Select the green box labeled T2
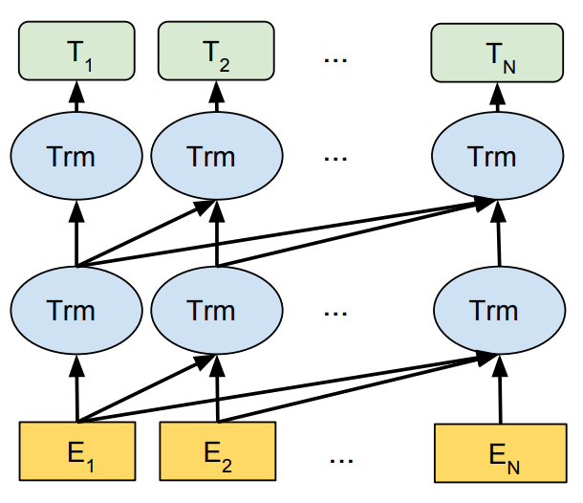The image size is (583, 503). tap(215, 53)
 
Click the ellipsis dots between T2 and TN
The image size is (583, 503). tap(336, 59)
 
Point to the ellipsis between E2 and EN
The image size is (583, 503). tap(341, 459)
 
